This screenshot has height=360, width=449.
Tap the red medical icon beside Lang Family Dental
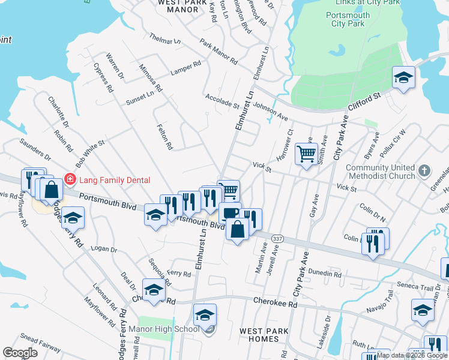[x=70, y=179]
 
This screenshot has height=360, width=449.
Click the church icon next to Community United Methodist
[x=424, y=170]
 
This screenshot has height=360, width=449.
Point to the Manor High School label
[x=170, y=329]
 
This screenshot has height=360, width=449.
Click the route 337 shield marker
[x=277, y=239]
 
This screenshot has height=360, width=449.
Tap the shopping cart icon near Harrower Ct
[x=306, y=154]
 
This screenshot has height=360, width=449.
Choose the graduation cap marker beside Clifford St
[x=403, y=77]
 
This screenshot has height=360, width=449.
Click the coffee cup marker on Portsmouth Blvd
[x=229, y=212]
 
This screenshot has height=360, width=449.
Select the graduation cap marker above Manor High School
[x=205, y=314]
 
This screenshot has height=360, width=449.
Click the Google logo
[x=20, y=353]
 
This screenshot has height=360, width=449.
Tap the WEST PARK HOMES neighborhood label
[x=264, y=335]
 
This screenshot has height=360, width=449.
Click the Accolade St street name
[x=222, y=100]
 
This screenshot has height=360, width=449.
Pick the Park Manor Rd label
[x=219, y=53]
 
